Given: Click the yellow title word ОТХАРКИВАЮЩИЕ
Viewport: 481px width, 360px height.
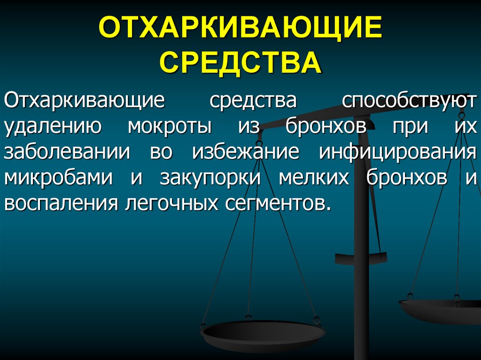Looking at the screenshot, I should click(x=240, y=29).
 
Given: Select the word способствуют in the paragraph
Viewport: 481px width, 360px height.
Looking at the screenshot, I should click(x=408, y=102).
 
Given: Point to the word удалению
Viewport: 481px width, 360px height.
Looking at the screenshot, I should click(x=52, y=127).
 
